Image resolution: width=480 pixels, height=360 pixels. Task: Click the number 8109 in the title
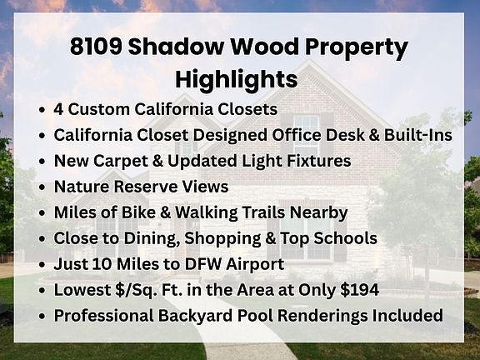(x=96, y=46)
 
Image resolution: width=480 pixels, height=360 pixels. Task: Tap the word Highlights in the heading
(x=236, y=80)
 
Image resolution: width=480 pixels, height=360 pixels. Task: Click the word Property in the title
(x=357, y=47)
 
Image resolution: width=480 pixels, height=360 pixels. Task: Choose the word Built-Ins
(x=418, y=135)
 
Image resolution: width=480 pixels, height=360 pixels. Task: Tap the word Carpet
(x=121, y=162)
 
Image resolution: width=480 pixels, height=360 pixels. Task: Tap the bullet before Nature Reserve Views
(x=42, y=187)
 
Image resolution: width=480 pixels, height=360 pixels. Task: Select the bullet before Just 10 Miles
(x=42, y=264)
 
